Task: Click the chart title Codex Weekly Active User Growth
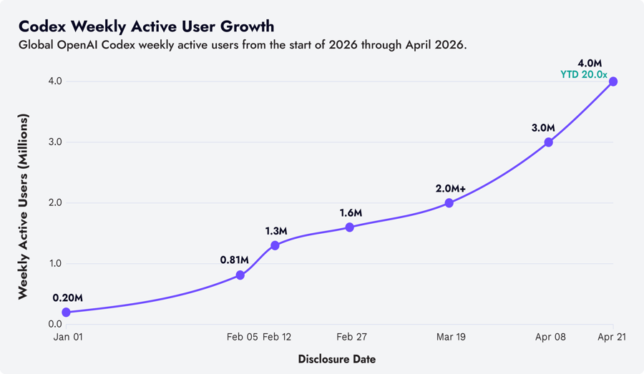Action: tap(146, 26)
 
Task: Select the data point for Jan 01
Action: tap(67, 313)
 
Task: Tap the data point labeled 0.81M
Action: tap(240, 275)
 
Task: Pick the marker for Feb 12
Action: tap(275, 245)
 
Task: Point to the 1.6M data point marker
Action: tap(349, 227)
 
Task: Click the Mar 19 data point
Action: tap(449, 203)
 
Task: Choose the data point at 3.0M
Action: tap(549, 142)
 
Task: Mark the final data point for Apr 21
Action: tap(613, 82)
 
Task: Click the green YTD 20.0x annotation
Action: tap(584, 74)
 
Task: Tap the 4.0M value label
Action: tap(590, 63)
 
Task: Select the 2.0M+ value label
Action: tap(451, 189)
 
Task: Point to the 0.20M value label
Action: tap(68, 297)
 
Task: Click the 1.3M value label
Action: tap(275, 231)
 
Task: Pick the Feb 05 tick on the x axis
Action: tap(242, 337)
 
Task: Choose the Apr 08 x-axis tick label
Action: tap(550, 337)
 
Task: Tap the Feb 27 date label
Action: tap(351, 337)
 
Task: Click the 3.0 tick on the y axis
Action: tap(54, 142)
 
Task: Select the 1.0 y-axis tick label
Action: tap(54, 264)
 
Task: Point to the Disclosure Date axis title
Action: tap(337, 359)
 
